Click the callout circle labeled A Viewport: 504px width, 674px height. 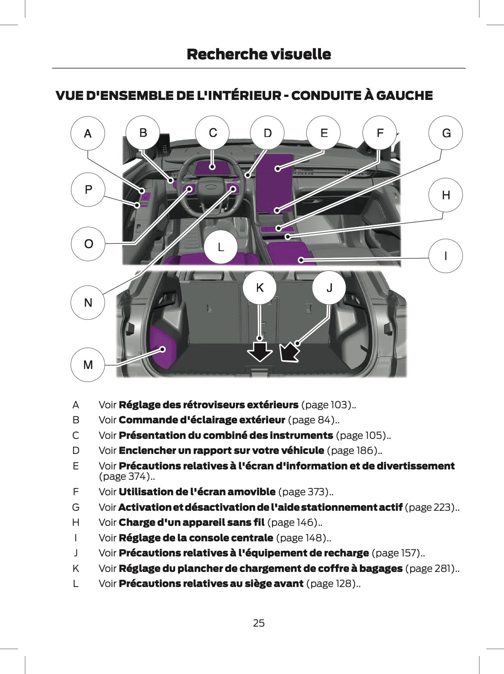tap(88, 134)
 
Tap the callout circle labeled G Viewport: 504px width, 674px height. tap(446, 133)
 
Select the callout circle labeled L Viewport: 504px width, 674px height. tap(220, 247)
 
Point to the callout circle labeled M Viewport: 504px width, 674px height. tap(88, 365)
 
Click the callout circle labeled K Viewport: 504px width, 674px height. tap(260, 287)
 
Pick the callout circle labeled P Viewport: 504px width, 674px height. tap(88, 189)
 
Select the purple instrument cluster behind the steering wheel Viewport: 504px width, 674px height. tap(212, 168)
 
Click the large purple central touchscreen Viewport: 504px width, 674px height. tap(275, 183)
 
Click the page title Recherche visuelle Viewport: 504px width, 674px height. tap(259, 54)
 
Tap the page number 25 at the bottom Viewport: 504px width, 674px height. tap(259, 623)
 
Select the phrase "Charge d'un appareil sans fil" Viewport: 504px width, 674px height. tap(192, 522)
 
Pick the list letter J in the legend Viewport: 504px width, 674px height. tap(76, 553)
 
